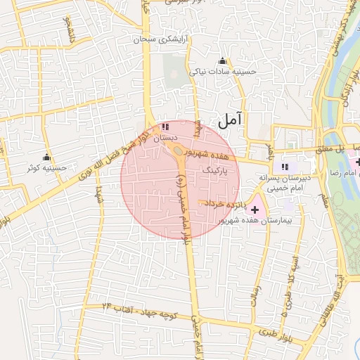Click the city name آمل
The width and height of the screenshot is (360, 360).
(230, 120)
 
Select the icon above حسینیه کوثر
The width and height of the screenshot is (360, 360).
(47, 157)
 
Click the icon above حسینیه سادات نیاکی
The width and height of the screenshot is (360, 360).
(223, 60)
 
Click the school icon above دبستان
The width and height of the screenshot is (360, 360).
(165, 127)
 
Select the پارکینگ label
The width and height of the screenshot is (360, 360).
(214, 171)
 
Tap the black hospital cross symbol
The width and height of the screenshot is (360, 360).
(254, 210)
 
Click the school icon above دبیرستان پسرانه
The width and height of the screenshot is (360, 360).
(285, 167)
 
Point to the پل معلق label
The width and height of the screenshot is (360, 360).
(349, 149)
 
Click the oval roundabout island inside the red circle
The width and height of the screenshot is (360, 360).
(179, 150)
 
